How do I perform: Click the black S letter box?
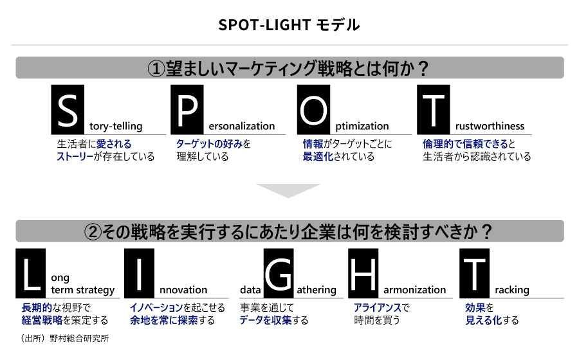pos(68,109)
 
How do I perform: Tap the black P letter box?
pos(187,109)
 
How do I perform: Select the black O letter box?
pos(313,109)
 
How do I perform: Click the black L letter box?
pos(31,273)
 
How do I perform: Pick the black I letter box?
pos(139,273)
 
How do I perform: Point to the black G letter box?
pos(279,273)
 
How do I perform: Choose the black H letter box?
pos(363,273)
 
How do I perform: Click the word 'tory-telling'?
pos(116,127)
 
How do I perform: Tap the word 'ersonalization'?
pos(242,126)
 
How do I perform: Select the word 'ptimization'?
pos(362,127)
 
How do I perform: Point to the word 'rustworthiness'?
pos(490,126)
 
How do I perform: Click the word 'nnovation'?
pos(183,290)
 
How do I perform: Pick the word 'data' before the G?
pos(250,290)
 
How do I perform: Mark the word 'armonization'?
pos(415,290)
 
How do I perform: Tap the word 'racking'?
pos(512,291)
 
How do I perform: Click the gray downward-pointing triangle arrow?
pos(288,190)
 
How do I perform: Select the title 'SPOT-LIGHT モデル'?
pos(289,25)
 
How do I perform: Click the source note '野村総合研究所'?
pos(79,338)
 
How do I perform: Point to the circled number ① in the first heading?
pos(156,69)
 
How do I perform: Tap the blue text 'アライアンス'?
pos(378,307)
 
